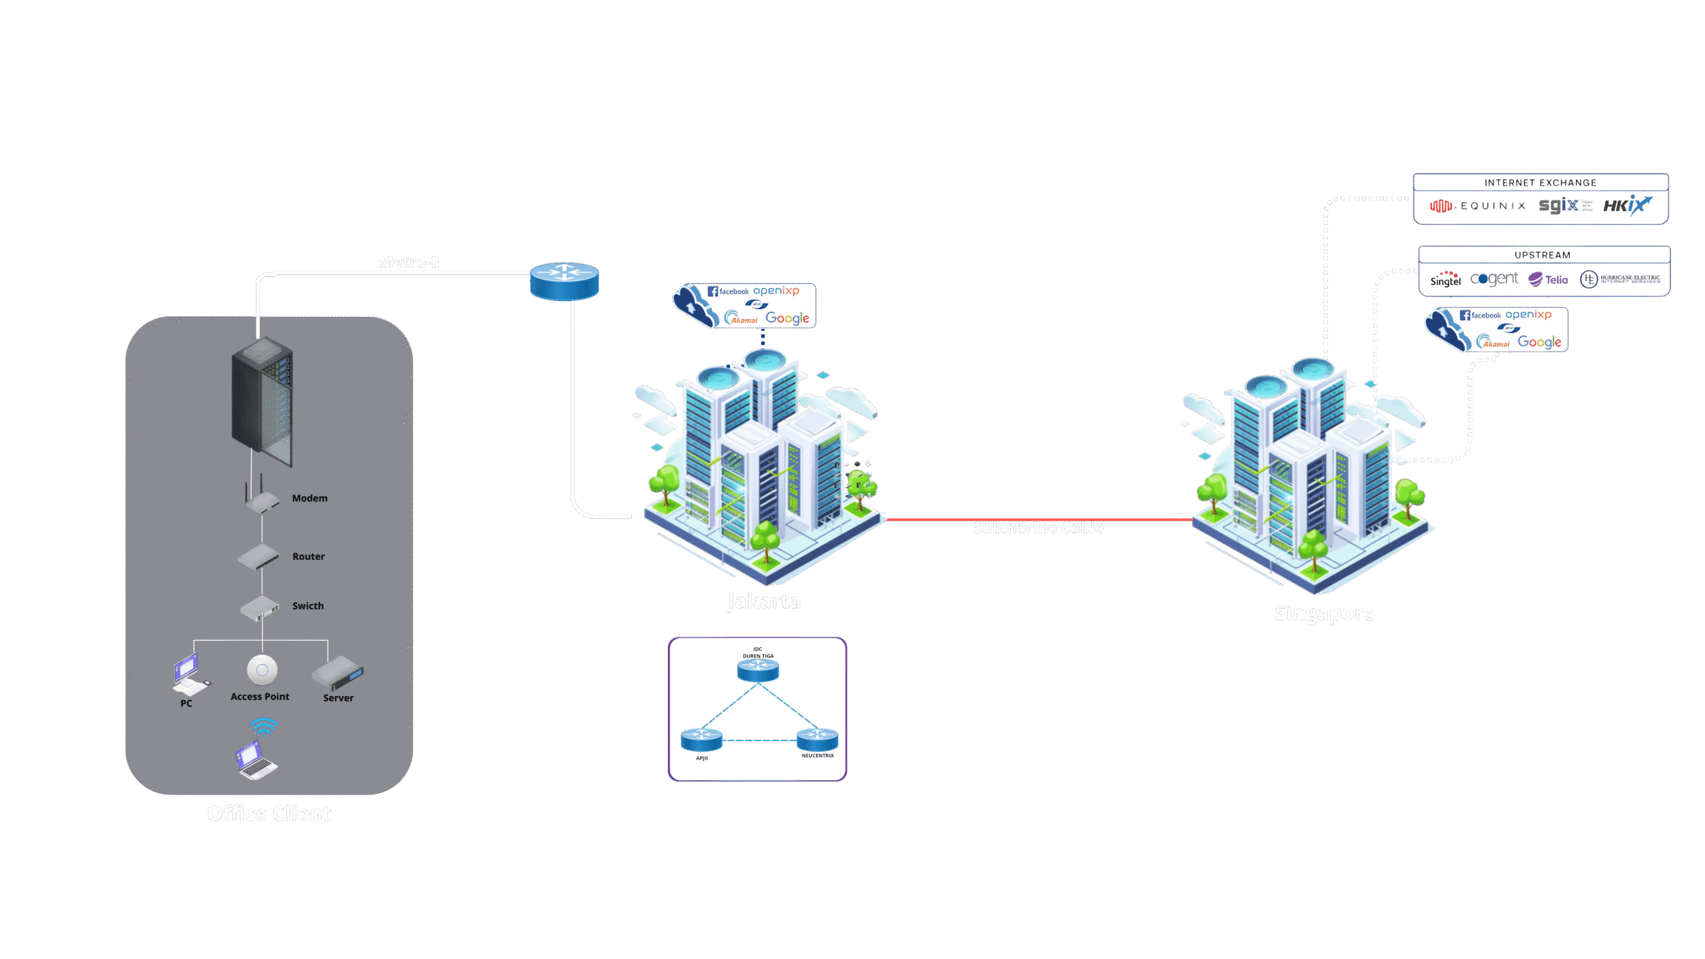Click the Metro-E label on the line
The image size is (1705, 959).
tap(409, 262)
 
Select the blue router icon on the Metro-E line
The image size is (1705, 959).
tap(564, 281)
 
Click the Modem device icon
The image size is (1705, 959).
tap(262, 499)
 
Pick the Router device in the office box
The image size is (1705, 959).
tap(258, 557)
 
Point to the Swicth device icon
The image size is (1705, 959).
tap(260, 607)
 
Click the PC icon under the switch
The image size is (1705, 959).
tap(189, 674)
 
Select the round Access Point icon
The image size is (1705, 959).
tap(262, 670)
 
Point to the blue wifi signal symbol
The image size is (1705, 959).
tap(264, 727)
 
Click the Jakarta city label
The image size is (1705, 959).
tap(764, 601)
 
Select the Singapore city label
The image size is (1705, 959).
tap(1325, 613)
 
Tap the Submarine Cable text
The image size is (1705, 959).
tap(1038, 527)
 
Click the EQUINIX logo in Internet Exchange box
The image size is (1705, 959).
tap(1479, 206)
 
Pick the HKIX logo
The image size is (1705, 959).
tap(1627, 204)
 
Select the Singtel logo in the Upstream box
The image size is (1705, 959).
tap(1445, 279)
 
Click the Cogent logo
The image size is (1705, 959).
tap(1494, 278)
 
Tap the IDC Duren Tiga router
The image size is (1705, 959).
tap(758, 669)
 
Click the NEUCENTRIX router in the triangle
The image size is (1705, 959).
tap(817, 739)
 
